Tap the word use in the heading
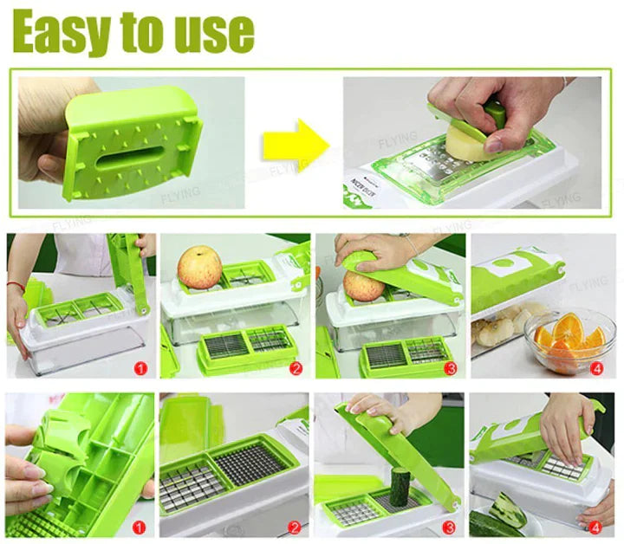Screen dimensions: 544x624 pyautogui.click(x=211, y=32)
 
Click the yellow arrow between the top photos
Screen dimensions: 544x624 pyautogui.click(x=296, y=144)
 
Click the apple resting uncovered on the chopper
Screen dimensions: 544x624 pyautogui.click(x=199, y=268)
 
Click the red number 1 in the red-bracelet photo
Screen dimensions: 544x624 pyautogui.click(x=141, y=367)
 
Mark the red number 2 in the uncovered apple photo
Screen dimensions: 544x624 pyautogui.click(x=296, y=367)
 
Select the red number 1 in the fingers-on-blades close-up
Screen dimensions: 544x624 pyautogui.click(x=141, y=526)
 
